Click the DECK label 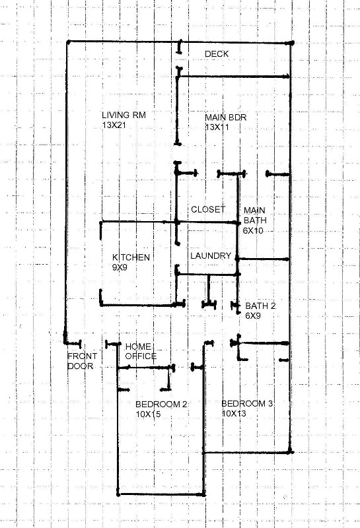[x=217, y=53]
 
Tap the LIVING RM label [x=124, y=115]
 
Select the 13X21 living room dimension [x=114, y=124]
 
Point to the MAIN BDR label [x=225, y=117]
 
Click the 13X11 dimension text [x=216, y=127]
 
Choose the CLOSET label [x=208, y=209]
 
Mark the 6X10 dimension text [x=253, y=230]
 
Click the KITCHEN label [x=131, y=257]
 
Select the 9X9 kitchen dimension [x=120, y=267]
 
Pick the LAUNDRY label [x=211, y=256]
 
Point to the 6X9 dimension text [x=254, y=315]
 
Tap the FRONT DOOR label [x=82, y=360]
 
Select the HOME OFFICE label [x=140, y=351]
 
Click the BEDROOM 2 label [x=162, y=404]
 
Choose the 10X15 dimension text [x=149, y=414]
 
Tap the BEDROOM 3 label [x=247, y=403]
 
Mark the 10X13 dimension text [x=234, y=413]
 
